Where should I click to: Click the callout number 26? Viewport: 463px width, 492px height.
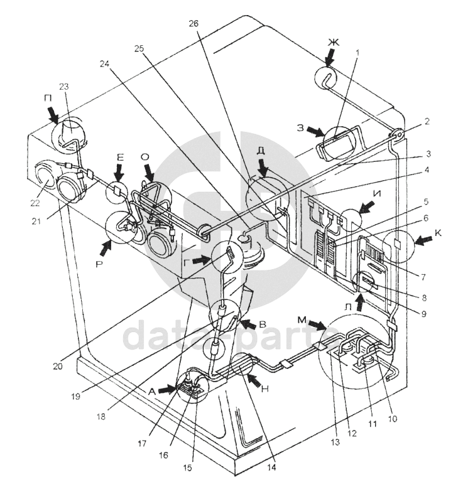click(x=193, y=24)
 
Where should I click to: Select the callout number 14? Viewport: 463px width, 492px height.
click(x=271, y=467)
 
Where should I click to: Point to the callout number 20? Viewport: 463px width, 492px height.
click(x=58, y=366)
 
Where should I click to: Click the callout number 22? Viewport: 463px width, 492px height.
click(x=35, y=203)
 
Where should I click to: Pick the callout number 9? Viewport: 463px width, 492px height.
click(x=423, y=314)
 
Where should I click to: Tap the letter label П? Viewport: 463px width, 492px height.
click(x=48, y=99)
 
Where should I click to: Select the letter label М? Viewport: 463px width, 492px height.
click(x=302, y=320)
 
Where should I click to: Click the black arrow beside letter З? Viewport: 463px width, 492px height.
click(x=315, y=131)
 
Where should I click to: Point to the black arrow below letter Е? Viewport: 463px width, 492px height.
click(x=119, y=178)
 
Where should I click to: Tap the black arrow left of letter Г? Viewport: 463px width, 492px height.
click(x=202, y=260)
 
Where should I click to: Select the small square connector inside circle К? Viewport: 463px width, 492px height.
click(x=397, y=243)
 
